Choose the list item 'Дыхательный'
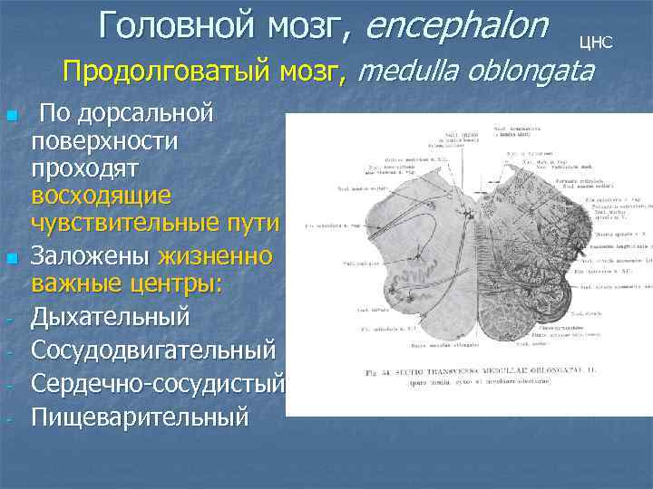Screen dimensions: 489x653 point(111,318)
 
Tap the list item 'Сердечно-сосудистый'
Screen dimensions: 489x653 point(158,383)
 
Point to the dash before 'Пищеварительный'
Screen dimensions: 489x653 point(10,417)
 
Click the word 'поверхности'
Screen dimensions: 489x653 point(104,141)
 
